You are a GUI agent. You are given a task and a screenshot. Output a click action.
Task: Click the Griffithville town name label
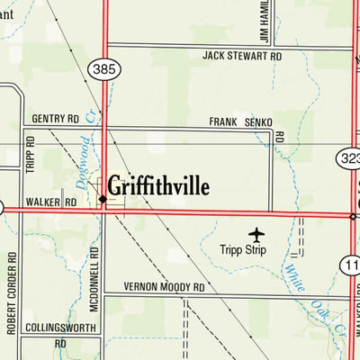158,186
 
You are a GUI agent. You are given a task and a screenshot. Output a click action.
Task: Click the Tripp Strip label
246,251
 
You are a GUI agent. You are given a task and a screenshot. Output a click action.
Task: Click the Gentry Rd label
55,118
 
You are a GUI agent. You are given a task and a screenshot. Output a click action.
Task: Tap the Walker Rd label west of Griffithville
51,202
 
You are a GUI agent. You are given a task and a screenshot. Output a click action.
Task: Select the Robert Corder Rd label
10,292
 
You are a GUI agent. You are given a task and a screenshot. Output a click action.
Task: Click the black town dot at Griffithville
103,200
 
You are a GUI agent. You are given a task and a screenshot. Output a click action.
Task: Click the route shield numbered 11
351,264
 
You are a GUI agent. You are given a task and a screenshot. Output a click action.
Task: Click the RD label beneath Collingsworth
60,343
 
